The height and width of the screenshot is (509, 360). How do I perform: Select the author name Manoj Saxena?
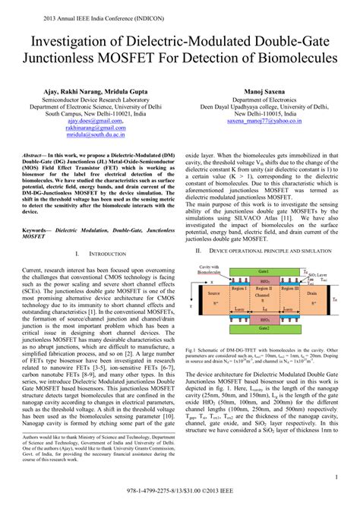tap(264, 90)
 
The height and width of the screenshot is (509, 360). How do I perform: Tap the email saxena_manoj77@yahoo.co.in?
tap(264, 120)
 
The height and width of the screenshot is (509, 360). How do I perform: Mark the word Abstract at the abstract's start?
tap(33, 153)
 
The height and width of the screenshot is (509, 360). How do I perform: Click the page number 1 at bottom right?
tap(336, 476)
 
